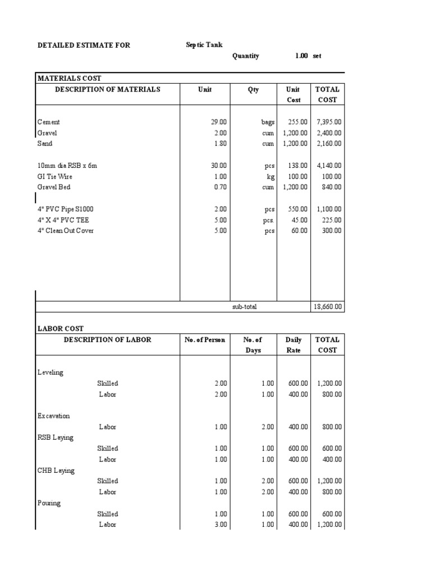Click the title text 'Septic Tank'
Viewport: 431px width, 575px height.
[x=204, y=45]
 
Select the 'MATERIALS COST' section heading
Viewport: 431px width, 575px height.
[x=69, y=79]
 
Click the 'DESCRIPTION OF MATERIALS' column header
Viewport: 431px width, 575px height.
[x=107, y=89]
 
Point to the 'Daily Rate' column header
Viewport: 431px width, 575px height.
[x=294, y=345]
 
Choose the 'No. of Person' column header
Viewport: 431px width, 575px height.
[x=205, y=340]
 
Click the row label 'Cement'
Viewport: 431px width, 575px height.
[x=49, y=122]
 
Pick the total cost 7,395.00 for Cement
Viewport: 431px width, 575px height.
[x=329, y=122]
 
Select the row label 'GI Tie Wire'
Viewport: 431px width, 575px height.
[x=55, y=176]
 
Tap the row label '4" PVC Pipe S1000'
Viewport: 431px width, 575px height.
[x=66, y=209]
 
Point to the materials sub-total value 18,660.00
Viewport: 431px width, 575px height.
[x=329, y=307]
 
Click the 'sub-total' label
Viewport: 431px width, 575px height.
[x=245, y=307]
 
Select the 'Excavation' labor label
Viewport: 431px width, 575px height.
[x=54, y=416]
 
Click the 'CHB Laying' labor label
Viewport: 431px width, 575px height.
[x=56, y=471]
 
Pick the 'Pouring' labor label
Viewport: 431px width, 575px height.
[x=49, y=503]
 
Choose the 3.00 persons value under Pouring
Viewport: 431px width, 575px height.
[x=220, y=524]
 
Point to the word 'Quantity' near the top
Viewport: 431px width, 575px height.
[x=246, y=56]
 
